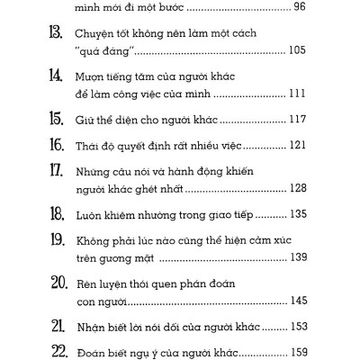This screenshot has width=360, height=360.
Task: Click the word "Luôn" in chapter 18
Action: [x=87, y=214]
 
